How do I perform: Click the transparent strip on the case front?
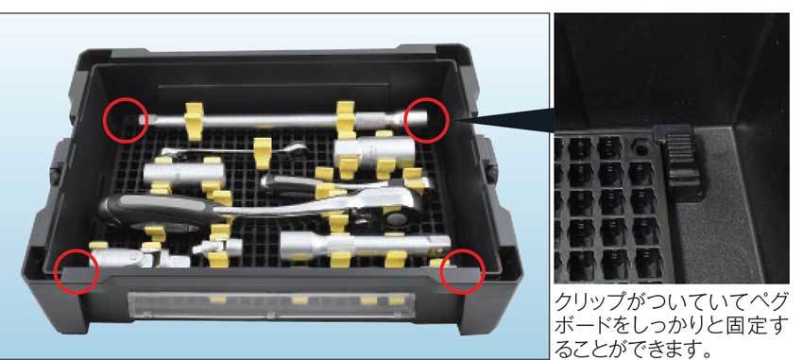(271, 306)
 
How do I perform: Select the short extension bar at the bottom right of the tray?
(365, 245)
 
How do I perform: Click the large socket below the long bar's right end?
(374, 150)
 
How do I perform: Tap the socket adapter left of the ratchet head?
(184, 174)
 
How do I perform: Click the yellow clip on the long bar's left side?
(194, 121)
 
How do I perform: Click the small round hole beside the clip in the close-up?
(641, 148)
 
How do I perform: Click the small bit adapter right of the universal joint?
(217, 249)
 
